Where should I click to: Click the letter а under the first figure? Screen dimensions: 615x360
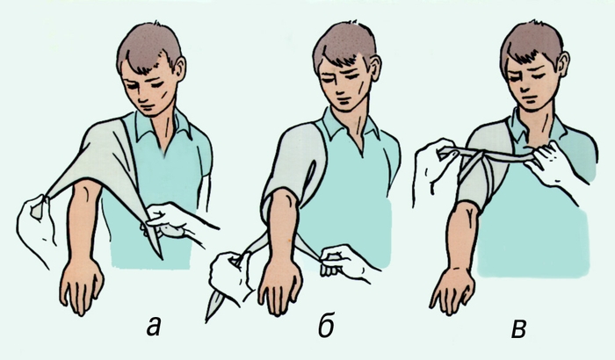click(x=155, y=327)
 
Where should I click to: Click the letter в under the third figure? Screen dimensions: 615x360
click(x=519, y=328)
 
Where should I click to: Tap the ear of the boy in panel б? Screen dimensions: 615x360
click(x=374, y=68)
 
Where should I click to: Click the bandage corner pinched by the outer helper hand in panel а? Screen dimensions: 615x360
click(x=40, y=205)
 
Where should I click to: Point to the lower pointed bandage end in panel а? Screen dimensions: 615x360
click(x=157, y=248)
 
